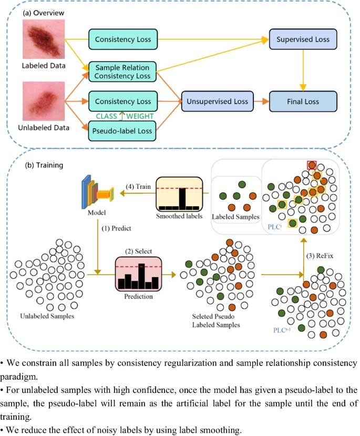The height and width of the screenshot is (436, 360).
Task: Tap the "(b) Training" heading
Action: click(44, 165)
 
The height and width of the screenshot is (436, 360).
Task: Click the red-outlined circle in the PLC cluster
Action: click(312, 165)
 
